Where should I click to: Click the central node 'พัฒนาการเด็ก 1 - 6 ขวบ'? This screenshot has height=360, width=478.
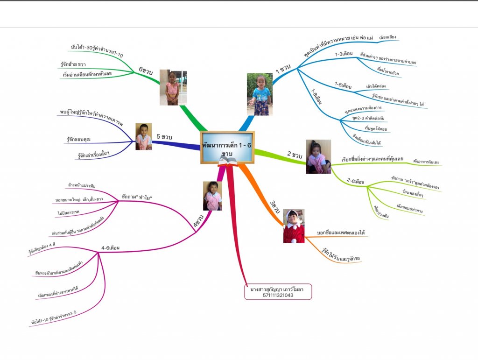point(227,147)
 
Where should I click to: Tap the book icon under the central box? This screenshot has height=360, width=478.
point(228,161)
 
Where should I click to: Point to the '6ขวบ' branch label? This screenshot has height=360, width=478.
point(145,70)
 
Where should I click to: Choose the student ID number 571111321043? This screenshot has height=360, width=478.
point(278,295)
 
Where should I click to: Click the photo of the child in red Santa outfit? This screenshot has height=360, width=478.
point(294,226)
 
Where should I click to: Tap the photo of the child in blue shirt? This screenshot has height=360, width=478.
point(260,94)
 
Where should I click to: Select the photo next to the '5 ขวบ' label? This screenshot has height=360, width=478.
point(143,136)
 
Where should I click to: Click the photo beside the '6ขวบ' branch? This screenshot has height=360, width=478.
point(173,87)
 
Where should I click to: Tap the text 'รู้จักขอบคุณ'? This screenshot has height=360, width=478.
point(82,139)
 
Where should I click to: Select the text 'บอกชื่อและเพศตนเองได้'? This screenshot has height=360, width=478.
point(340,232)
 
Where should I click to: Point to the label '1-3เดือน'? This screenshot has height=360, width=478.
point(344,54)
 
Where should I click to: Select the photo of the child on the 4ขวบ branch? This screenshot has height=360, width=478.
point(212,196)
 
